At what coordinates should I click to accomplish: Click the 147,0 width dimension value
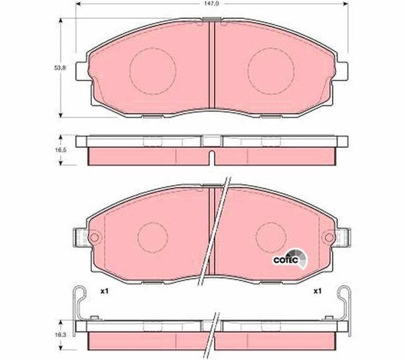(x=211, y=3)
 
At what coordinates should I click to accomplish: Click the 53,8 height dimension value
(x=60, y=68)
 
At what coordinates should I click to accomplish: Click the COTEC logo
(x=290, y=259)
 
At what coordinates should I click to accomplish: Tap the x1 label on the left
(x=105, y=291)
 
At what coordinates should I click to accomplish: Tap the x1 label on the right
(x=317, y=291)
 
